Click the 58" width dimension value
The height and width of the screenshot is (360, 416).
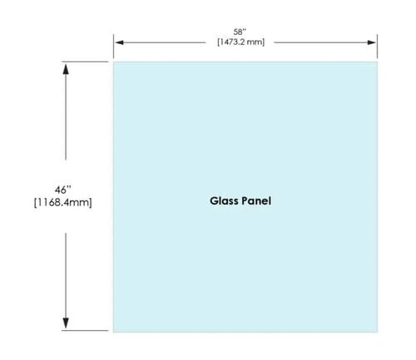[240, 32]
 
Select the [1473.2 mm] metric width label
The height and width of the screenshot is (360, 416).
[240, 42]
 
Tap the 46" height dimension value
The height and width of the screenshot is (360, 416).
[62, 190]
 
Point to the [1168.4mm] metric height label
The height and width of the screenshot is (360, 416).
[62, 202]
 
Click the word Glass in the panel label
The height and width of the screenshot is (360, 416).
[225, 201]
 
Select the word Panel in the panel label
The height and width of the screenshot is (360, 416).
[256, 201]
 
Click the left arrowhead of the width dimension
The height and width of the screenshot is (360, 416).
[119, 42]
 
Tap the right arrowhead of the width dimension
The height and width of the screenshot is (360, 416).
[371, 42]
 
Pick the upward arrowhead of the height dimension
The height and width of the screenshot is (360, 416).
[66, 69]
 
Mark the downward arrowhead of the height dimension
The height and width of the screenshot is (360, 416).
[66, 323]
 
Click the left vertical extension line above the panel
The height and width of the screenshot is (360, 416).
[113, 47]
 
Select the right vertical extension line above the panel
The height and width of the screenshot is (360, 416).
[377, 47]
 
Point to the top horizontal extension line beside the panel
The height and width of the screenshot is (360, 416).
[85, 62]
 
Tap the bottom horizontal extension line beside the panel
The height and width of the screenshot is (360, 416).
[85, 330]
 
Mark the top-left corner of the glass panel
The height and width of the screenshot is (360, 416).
[113, 62]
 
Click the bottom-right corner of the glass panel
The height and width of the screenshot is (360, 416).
[378, 332]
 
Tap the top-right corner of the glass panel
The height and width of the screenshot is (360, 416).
[378, 62]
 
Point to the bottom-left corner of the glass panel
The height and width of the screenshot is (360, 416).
[113, 332]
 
